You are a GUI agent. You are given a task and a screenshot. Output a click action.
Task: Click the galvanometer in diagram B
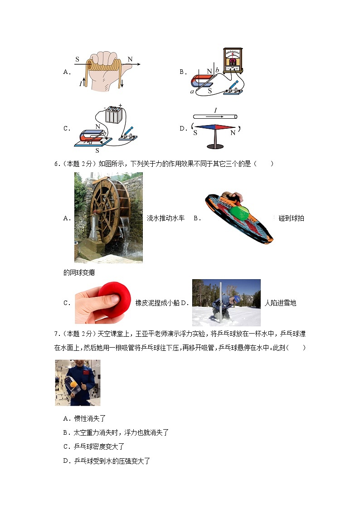tap(232, 60)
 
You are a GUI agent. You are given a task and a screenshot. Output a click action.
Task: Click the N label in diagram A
tap(130, 59)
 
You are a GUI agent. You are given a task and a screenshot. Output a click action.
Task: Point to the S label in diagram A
tap(77, 59)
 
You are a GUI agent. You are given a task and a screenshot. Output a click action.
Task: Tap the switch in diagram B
tap(233, 88)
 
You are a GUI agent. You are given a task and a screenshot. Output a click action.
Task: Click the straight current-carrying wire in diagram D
tap(214, 116)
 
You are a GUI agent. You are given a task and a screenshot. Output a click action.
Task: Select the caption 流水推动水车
tap(165, 218)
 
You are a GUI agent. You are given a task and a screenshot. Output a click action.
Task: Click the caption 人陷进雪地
tap(280, 303)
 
